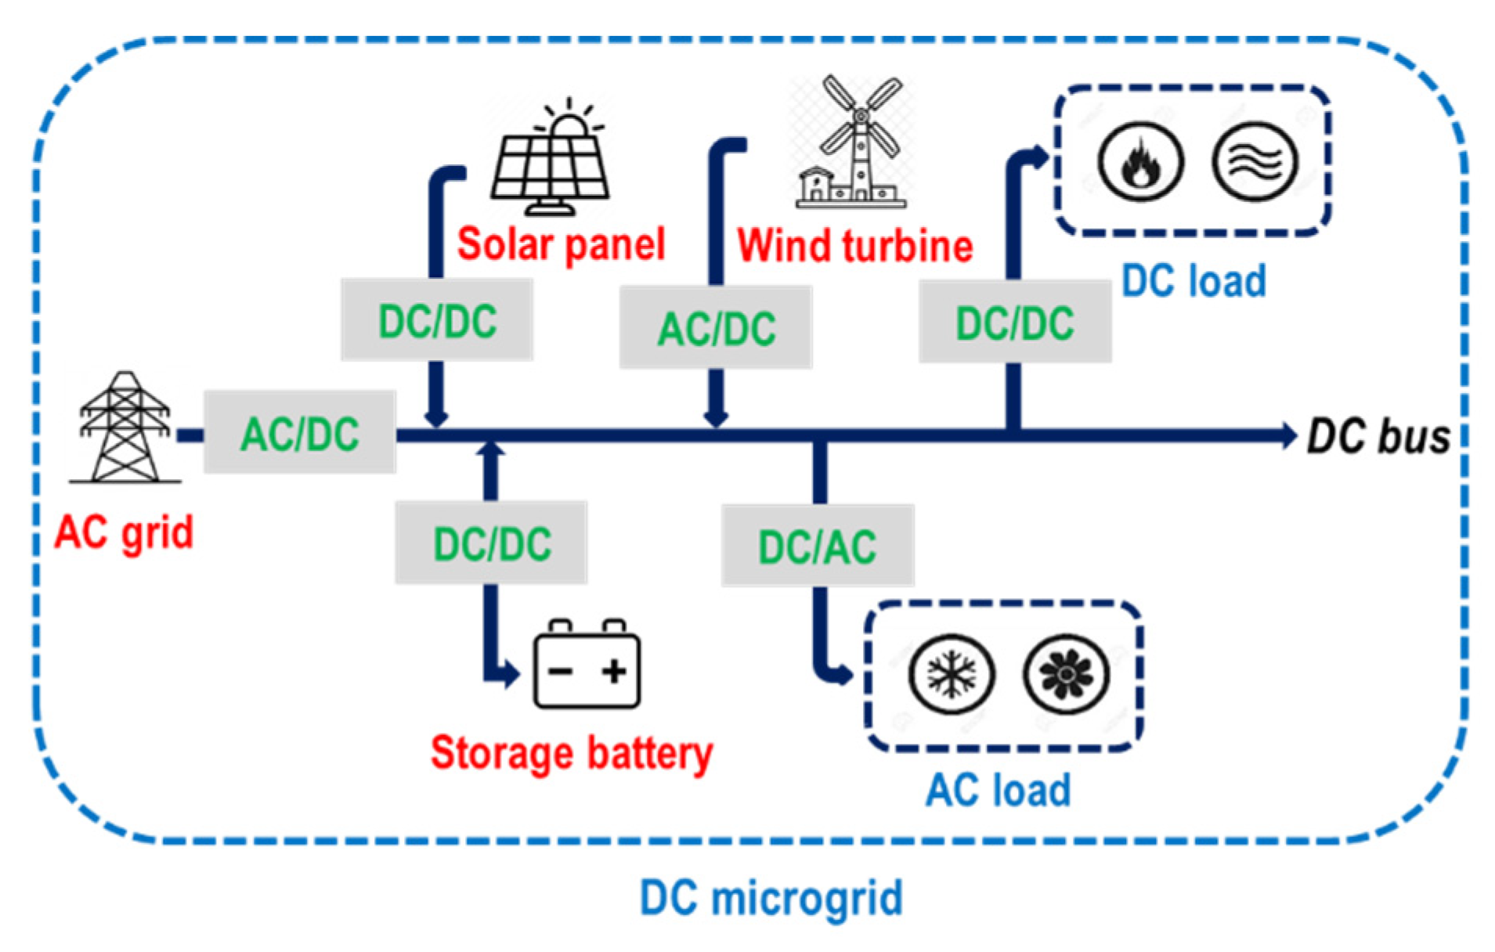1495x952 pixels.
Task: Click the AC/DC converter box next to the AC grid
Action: click(x=299, y=432)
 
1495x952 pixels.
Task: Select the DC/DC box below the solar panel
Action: click(x=437, y=320)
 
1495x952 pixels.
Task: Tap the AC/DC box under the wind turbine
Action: click(x=716, y=327)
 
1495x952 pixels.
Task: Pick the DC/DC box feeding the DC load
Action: click(x=1015, y=322)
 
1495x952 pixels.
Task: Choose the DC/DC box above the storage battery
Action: click(x=491, y=543)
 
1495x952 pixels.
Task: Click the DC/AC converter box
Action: click(x=817, y=546)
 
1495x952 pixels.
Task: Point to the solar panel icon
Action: click(x=551, y=160)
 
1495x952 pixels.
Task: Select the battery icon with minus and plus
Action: click(x=587, y=665)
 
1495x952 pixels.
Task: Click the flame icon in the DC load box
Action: click(x=1139, y=162)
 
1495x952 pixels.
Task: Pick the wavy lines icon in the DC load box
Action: click(x=1255, y=162)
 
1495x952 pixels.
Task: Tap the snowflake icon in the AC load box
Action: click(x=952, y=674)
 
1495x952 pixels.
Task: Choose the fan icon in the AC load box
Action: click(x=1066, y=674)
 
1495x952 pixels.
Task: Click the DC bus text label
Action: click(x=1378, y=436)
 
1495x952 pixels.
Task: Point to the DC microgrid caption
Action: click(x=771, y=897)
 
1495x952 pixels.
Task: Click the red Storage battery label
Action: click(x=572, y=753)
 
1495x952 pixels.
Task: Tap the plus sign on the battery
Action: click(x=614, y=671)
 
